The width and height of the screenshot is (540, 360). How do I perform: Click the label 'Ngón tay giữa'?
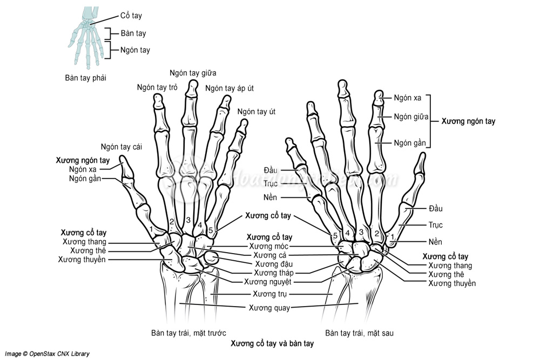pos(192,73)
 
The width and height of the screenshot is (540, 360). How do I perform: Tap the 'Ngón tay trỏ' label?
pos(157,86)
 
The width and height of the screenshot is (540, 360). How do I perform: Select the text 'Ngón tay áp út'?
pos(230,89)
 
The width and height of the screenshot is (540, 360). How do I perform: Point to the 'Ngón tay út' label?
pos(256,112)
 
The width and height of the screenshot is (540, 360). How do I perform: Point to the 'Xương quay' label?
pos(269,308)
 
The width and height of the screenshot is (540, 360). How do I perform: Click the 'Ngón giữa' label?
pos(411,117)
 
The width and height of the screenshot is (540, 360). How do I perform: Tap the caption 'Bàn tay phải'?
pos(85,78)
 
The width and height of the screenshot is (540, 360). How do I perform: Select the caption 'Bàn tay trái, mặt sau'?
pos(359,333)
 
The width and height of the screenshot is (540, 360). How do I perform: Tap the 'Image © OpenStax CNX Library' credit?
pos(48,354)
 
